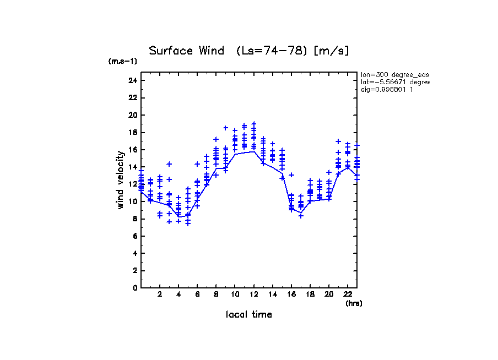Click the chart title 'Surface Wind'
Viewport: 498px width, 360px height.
click(186, 51)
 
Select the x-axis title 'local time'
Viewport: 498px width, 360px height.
click(248, 314)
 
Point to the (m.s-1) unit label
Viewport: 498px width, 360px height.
click(122, 62)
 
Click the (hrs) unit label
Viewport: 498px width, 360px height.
click(354, 303)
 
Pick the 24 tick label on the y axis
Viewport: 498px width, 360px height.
click(132, 80)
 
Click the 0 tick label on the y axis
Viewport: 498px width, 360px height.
click(134, 287)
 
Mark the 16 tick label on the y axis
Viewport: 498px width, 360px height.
click(132, 150)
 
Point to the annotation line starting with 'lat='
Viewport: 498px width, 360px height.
click(394, 82)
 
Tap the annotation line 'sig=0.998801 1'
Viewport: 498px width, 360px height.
click(387, 89)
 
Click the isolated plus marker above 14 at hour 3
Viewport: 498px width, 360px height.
click(169, 164)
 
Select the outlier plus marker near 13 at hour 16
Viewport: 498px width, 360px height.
click(291, 175)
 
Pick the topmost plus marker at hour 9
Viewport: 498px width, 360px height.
click(225, 128)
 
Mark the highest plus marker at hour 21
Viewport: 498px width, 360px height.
click(338, 141)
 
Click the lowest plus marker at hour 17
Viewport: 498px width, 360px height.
click(301, 216)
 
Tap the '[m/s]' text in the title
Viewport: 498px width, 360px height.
click(331, 51)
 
